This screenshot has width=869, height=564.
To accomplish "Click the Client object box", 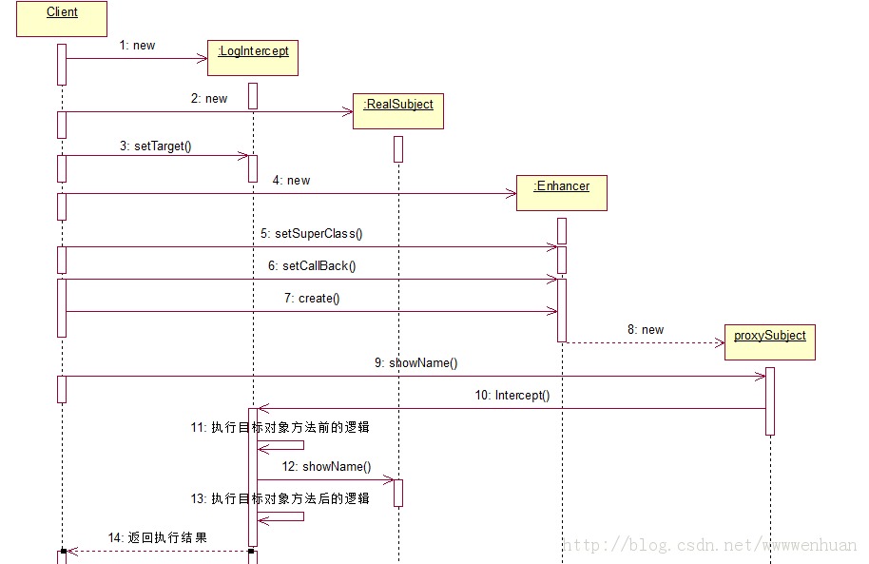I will [62, 19].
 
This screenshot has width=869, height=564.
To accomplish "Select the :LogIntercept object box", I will [253, 57].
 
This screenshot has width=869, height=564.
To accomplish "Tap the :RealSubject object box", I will [398, 110].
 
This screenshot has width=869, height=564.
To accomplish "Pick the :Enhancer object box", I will [562, 192].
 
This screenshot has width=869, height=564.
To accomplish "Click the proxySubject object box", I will [770, 341].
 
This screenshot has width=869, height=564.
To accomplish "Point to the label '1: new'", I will [137, 45].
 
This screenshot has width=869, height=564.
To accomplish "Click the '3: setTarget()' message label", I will [156, 146].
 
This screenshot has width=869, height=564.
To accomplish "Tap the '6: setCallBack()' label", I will [305, 266].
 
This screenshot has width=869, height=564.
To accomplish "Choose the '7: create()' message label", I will [312, 299].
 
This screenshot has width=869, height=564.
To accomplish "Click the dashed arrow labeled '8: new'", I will [647, 342].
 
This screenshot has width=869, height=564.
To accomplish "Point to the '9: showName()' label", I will [416, 362].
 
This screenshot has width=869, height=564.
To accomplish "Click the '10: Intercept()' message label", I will [512, 395].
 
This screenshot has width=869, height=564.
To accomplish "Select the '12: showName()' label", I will [327, 466].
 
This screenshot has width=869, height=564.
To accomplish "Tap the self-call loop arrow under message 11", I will [285, 445].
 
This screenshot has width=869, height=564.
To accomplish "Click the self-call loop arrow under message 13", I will [285, 516].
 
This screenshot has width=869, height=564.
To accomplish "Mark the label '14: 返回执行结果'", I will [157, 537].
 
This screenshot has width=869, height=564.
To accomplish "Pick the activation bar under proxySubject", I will [770, 400].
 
